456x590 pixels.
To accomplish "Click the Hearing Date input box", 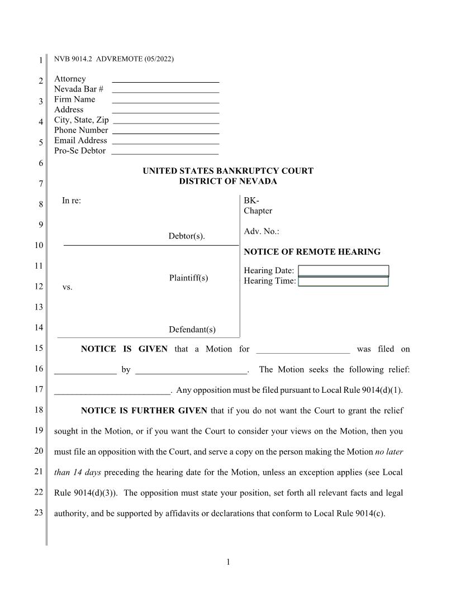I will (343, 271).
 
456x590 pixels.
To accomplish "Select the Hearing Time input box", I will (343, 281).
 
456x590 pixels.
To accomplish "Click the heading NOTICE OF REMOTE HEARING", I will (312, 252).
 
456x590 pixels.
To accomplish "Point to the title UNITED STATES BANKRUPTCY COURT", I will (228, 171).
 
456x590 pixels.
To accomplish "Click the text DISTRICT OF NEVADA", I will (228, 181).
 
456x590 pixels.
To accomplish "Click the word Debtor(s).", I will (187, 236).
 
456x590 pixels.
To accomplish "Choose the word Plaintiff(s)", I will (188, 278).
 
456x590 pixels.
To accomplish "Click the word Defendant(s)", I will (192, 330).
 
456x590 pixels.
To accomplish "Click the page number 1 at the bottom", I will (228, 562).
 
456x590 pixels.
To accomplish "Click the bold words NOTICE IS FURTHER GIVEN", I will (144, 411).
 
